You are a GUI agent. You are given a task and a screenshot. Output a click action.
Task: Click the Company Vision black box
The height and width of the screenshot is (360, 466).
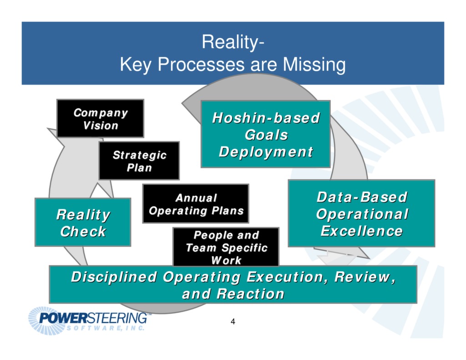[100, 118]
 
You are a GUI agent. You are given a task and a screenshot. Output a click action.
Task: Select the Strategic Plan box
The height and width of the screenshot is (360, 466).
[139, 161]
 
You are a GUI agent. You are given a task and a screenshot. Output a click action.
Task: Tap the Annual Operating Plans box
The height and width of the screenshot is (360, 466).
[196, 204]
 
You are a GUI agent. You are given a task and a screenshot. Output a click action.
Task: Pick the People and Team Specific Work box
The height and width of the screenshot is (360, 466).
[226, 247]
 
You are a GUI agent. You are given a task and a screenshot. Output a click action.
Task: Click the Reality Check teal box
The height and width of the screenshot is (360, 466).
[83, 223]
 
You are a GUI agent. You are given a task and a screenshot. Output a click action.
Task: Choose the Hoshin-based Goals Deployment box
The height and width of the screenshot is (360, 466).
[266, 135]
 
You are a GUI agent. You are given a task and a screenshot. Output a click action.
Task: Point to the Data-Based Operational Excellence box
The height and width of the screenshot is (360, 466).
[361, 214]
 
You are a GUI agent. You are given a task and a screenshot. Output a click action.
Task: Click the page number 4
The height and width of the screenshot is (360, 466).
[233, 322]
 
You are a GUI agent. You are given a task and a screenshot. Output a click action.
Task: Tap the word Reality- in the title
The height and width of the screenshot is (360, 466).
[233, 43]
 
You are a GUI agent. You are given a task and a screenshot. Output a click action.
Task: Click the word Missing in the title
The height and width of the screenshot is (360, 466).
[314, 65]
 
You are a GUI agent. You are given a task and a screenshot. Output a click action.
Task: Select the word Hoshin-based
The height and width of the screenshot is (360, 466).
[266, 118]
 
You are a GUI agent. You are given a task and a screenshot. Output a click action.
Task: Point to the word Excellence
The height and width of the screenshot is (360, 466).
[361, 231]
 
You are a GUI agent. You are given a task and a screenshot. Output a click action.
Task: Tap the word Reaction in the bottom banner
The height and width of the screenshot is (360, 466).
[250, 294]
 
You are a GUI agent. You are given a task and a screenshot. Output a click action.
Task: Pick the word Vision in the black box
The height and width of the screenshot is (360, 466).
[101, 126]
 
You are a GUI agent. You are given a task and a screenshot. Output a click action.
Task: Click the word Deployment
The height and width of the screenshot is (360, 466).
[266, 152]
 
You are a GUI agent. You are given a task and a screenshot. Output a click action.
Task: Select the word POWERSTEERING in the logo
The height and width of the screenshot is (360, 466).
[93, 317]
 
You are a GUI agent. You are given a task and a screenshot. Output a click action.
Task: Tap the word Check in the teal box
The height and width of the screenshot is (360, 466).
[83, 231]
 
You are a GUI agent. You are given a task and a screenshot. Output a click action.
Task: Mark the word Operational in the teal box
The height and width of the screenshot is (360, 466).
[362, 214]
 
